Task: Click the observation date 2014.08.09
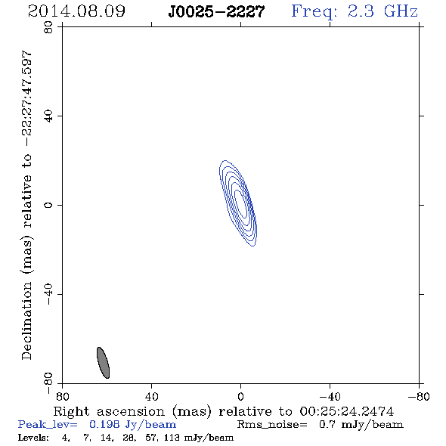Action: (76, 11)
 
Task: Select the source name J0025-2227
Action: (216, 11)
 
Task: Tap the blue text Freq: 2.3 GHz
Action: (355, 11)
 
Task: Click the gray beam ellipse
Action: (103, 363)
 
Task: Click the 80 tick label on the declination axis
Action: (48, 27)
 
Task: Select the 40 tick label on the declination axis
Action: (48, 116)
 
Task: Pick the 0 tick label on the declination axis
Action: (48, 205)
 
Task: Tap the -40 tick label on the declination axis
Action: (48, 294)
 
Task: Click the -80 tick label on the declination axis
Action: (48, 383)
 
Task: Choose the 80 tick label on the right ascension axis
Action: (62, 396)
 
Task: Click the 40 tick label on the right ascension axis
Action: (151, 396)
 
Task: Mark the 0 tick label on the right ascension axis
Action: (240, 396)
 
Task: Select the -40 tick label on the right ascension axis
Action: (330, 396)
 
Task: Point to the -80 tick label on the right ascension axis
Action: (419, 396)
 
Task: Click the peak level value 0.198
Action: (104, 424)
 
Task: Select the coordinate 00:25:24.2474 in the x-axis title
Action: (347, 411)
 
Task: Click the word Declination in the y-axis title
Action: (26, 321)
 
